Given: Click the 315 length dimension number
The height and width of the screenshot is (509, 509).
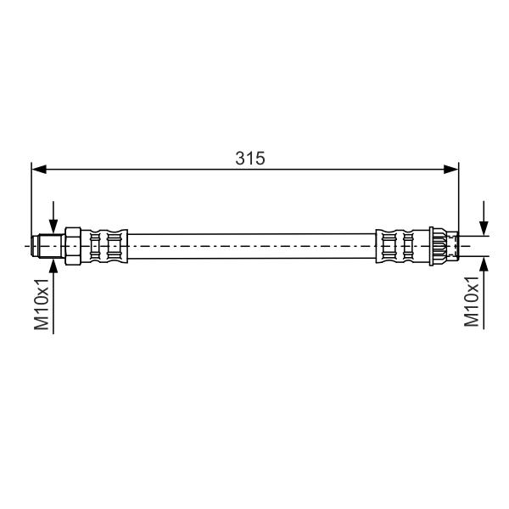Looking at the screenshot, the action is (250, 159).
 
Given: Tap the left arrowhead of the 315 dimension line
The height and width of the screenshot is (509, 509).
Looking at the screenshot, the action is (39, 169).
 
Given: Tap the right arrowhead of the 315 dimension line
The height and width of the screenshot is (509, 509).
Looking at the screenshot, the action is (451, 169).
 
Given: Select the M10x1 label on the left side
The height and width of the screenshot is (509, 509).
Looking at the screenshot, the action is (42, 304).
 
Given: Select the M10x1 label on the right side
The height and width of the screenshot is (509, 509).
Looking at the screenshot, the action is (472, 301).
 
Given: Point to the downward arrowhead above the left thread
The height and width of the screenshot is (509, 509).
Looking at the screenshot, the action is (53, 227).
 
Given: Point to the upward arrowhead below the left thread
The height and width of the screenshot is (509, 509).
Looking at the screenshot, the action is (53, 266).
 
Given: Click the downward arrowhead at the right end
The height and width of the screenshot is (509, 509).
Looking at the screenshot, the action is (484, 228).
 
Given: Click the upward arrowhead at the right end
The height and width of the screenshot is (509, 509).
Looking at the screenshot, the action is (484, 264).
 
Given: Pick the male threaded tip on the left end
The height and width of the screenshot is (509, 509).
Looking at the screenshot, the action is (48, 246).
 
